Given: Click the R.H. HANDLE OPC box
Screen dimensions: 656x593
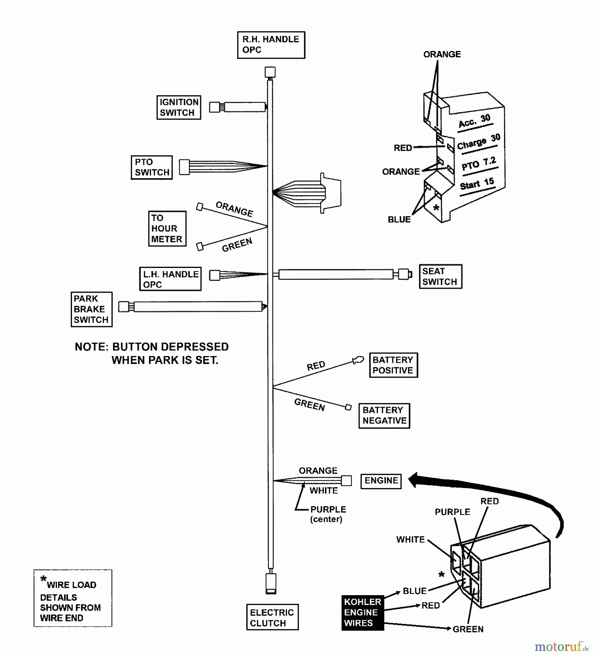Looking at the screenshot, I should point(271,45).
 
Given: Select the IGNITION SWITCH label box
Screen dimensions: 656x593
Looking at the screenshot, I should point(179,108).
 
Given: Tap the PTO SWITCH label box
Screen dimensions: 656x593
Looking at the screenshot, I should point(152,167).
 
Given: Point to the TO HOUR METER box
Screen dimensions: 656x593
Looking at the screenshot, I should point(167,229).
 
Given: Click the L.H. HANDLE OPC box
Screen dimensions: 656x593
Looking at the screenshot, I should point(170,279).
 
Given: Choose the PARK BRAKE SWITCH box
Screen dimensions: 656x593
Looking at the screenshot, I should point(91,309).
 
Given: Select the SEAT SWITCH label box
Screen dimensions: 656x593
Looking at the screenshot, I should point(440,277).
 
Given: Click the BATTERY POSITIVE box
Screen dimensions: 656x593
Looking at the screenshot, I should point(393,365).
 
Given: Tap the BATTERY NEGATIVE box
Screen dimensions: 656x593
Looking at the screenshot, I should point(384,415).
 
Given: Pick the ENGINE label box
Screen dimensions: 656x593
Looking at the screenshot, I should point(381,481).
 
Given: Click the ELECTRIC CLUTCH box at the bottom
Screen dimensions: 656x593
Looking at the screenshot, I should point(272,618).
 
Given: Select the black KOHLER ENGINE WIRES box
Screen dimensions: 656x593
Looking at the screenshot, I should point(363,613).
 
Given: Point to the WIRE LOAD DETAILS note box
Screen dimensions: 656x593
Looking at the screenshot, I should point(73,598).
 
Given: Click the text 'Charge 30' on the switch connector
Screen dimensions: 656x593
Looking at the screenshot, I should point(478,142).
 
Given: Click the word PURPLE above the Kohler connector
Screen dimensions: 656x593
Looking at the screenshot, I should point(452,512).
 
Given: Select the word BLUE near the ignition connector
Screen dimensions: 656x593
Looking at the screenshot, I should point(399,219).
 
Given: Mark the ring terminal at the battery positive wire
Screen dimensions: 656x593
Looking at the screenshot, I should point(358,360).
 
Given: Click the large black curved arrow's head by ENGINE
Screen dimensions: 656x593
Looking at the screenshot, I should point(414,480).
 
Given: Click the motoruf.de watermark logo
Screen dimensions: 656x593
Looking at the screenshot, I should point(561,647).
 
